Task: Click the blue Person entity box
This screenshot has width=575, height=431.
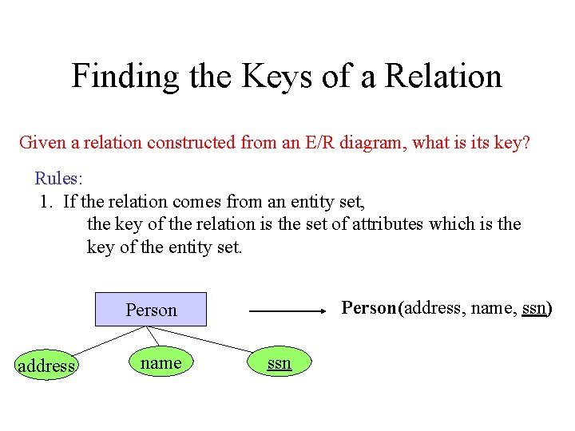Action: click(151, 310)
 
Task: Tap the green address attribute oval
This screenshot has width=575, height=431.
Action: click(46, 366)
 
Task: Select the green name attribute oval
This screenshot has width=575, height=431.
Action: click(161, 363)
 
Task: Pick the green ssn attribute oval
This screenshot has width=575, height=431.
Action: click(279, 363)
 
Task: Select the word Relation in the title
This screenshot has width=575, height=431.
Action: click(443, 77)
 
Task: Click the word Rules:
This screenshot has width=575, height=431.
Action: click(58, 178)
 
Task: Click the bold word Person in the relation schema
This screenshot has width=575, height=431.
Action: click(370, 308)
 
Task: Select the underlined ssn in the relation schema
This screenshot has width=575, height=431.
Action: click(534, 308)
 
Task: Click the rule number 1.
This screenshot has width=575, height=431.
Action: click(46, 201)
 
